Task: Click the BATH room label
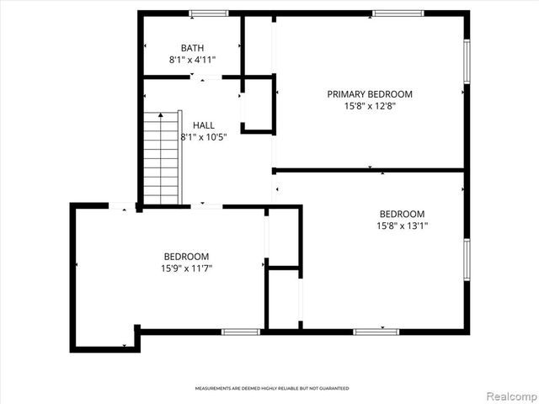pyautogui.click(x=192, y=48)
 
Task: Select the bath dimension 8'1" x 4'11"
pyautogui.click(x=192, y=60)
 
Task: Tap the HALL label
pyautogui.click(x=203, y=125)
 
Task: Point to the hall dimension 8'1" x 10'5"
pyautogui.click(x=203, y=136)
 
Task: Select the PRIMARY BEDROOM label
pyautogui.click(x=370, y=94)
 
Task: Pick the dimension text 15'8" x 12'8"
pyautogui.click(x=370, y=106)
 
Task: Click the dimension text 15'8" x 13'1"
pyautogui.click(x=402, y=226)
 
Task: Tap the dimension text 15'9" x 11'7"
pyautogui.click(x=186, y=268)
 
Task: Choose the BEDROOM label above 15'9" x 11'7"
pyautogui.click(x=186, y=256)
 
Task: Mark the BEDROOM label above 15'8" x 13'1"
pyautogui.click(x=402, y=214)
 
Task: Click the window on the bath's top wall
pyautogui.click(x=208, y=13)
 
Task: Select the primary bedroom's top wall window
pyautogui.click(x=398, y=13)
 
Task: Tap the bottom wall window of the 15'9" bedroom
pyautogui.click(x=240, y=332)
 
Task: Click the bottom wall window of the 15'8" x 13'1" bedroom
pyautogui.click(x=376, y=332)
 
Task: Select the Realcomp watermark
pyautogui.click(x=510, y=394)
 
